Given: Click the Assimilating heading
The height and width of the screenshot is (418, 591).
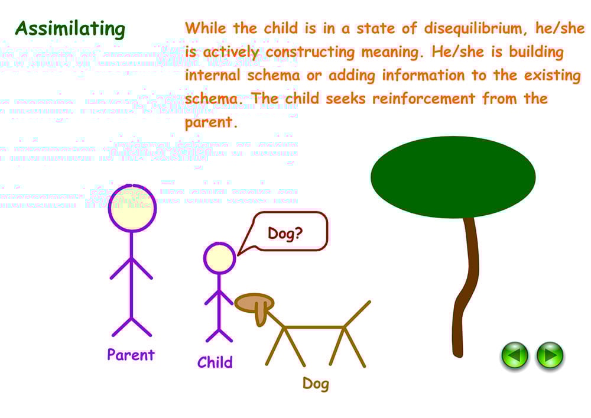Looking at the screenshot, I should click(70, 29).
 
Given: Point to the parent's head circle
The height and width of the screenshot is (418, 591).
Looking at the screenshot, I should click(132, 208).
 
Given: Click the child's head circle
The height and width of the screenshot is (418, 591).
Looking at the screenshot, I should click(219, 258).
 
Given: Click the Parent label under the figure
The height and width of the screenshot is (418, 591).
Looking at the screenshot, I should click(131, 355).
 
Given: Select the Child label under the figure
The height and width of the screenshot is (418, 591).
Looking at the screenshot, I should click(215, 362).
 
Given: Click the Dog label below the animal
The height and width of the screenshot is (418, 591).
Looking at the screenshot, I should click(316, 384).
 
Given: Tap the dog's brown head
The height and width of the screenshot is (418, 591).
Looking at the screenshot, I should click(253, 303).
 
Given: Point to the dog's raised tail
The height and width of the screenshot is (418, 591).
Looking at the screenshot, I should click(358, 313).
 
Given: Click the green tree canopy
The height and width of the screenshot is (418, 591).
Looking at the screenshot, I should click(453, 176).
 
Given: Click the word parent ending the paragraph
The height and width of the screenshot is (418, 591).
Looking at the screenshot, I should click(210, 123).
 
